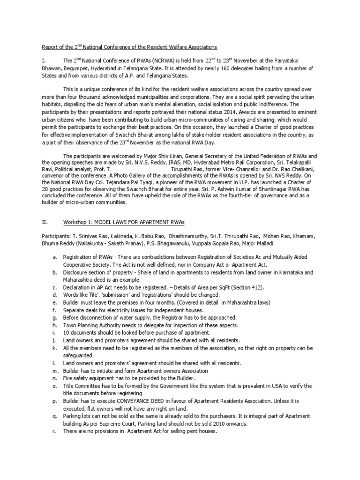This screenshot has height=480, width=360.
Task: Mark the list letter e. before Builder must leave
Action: (55, 303)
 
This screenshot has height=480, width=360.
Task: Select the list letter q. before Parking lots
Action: (55, 416)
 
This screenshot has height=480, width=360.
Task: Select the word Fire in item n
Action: (68, 378)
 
